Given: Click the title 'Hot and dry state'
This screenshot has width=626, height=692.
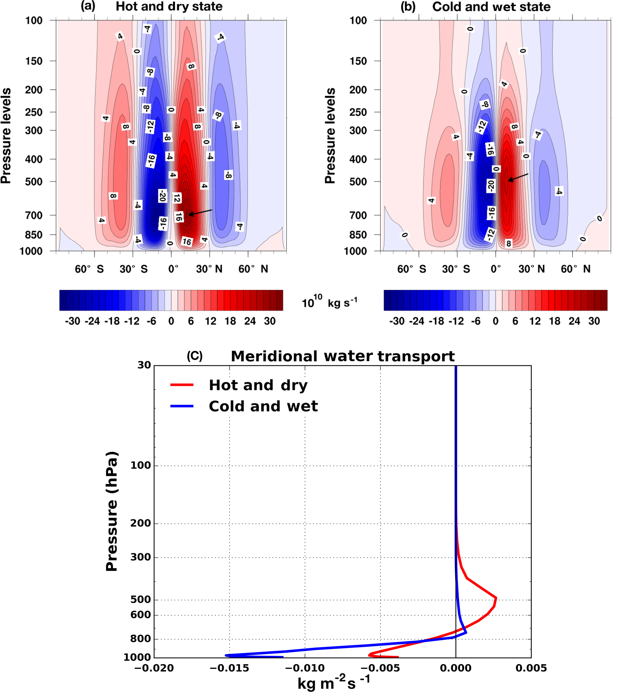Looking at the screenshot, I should point(169,7).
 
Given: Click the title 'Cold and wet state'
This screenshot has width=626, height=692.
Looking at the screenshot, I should point(491,7).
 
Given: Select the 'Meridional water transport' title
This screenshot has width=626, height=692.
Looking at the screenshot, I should point(342,356).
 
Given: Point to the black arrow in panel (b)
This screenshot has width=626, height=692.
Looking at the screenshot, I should point(518,177).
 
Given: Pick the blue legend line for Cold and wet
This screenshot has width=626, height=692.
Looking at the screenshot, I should point(182,406).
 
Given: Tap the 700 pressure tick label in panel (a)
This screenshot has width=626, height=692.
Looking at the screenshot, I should point(34,215).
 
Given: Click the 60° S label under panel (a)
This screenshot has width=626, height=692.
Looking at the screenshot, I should point(89,269).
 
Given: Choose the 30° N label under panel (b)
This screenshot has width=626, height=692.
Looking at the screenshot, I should point(531,269).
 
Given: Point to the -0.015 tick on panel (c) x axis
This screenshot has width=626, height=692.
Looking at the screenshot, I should point(229,668).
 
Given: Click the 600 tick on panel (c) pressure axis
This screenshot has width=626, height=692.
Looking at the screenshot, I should point(141,615).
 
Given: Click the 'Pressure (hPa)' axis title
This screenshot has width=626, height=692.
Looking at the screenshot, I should point(112,511).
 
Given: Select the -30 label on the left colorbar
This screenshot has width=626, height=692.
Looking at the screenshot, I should point(72,321).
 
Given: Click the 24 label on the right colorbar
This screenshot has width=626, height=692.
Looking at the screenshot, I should point(574,321).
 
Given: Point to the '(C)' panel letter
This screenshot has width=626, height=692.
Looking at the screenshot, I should point(194,356).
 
